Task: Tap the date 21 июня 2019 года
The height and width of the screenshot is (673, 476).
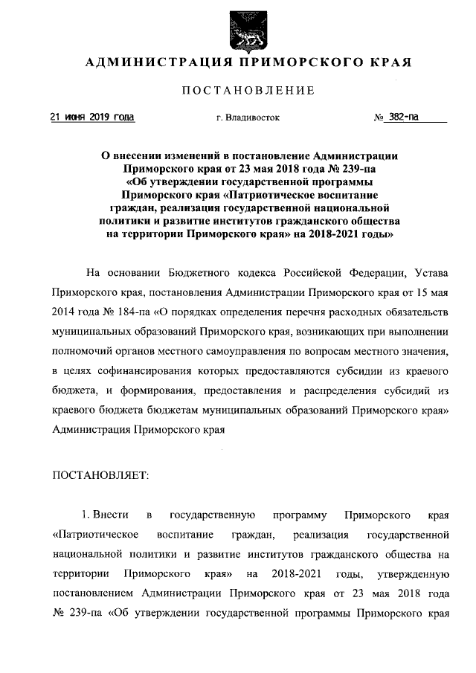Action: click(92, 117)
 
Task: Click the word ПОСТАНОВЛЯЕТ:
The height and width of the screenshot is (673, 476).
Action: click(102, 474)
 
